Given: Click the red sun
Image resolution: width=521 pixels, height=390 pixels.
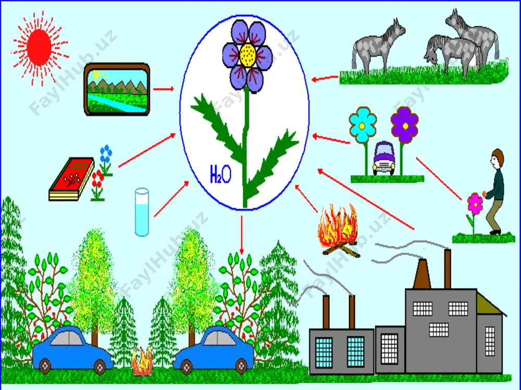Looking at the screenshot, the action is pos(39,47).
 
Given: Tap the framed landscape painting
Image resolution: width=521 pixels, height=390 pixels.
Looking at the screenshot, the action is pos(117,89).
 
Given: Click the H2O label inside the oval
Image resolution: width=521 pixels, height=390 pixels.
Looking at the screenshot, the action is pos(220,174).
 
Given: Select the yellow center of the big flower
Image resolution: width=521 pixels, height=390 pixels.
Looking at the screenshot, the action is pos(247,55).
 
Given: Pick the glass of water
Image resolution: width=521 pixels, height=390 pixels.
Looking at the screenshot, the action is pos(142,212).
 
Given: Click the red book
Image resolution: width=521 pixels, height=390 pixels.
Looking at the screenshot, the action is pos(71,179).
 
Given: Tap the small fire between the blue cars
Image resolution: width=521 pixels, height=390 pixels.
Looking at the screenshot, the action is pos(142,361).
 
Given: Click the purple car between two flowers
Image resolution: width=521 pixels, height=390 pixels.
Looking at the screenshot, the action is pos(384,158).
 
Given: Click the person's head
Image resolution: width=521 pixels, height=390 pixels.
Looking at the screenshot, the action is pos(498,159).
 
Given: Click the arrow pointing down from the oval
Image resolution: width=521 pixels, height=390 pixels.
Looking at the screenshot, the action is pos(242,235).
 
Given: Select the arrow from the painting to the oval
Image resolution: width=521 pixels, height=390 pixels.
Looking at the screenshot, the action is pos(164,89).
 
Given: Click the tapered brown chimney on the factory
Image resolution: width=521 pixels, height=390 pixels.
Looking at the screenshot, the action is pos(422,274).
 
